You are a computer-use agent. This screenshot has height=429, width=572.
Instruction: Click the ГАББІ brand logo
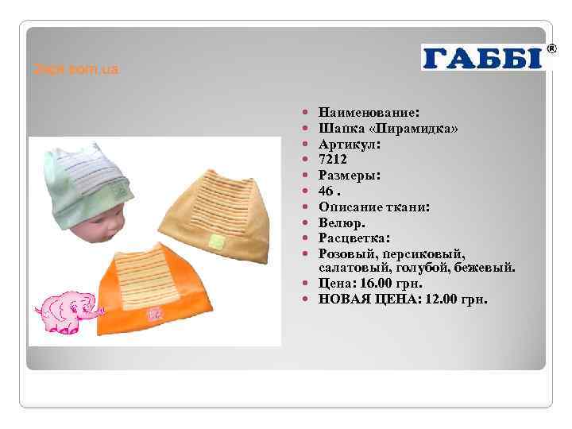click(x=482, y=58)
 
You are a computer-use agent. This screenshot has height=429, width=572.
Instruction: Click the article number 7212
click(x=334, y=160)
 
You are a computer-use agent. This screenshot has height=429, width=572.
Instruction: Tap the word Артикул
click(x=348, y=145)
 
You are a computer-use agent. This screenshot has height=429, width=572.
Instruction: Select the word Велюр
click(x=340, y=222)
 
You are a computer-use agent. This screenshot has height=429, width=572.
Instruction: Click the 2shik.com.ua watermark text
click(x=76, y=70)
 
